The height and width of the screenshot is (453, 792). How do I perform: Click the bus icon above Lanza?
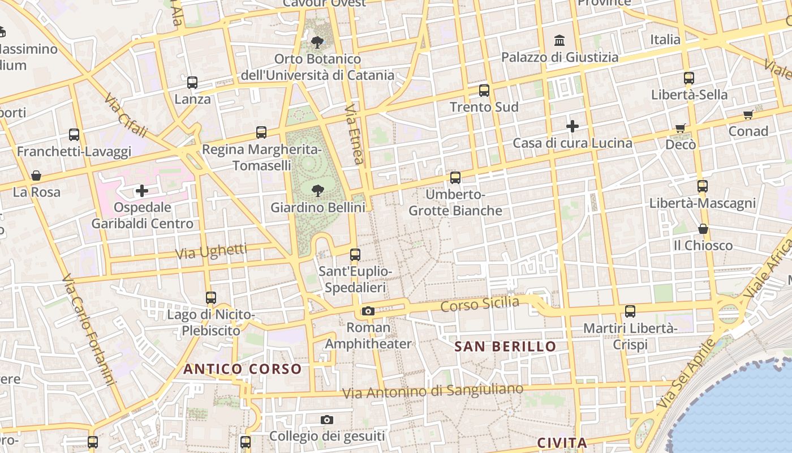[x=192, y=83]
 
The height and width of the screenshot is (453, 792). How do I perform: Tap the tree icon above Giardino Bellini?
[x=317, y=190]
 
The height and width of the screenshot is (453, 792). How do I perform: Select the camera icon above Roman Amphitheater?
[x=368, y=311]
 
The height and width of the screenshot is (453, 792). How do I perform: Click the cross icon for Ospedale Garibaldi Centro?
[x=142, y=191]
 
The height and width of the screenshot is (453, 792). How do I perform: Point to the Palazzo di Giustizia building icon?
[x=560, y=40]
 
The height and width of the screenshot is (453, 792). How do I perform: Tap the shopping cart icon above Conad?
[x=748, y=115]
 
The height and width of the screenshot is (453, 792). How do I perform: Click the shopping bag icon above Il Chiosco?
[x=703, y=229]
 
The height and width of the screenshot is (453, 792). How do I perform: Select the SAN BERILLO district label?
[x=505, y=346]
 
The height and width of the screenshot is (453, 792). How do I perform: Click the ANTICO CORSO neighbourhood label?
[x=242, y=369]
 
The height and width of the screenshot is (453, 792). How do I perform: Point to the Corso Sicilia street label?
[x=479, y=304]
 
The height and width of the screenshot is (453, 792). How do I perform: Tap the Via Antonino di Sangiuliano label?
[x=433, y=391]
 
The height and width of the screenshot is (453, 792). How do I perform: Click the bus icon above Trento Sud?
[x=484, y=90]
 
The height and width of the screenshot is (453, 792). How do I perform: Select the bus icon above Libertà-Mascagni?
[x=702, y=186]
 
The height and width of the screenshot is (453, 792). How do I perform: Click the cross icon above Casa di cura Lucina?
[x=573, y=126]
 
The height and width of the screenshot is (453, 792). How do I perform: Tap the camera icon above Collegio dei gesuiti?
[x=326, y=420]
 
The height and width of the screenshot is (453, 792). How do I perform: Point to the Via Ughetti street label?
[x=211, y=251]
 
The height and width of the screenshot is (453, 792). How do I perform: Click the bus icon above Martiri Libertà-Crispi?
[x=630, y=311]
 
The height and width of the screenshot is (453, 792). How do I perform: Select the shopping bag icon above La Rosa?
[x=36, y=176]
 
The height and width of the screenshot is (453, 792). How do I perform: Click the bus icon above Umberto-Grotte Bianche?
[x=455, y=178]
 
